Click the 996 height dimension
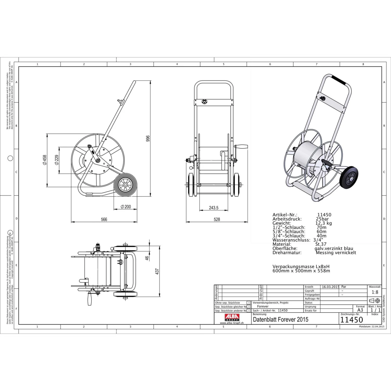tap(148, 138)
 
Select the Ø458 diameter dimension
tap(45, 160)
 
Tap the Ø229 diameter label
tap(57, 160)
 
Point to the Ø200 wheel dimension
tap(126, 207)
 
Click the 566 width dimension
tap(104, 219)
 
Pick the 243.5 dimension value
tap(213, 208)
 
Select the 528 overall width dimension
tap(217, 219)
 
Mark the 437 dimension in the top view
tap(157, 271)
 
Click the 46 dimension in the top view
tap(147, 258)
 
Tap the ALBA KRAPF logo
tap(232, 317)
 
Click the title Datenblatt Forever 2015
tap(280, 320)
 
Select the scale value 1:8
tap(375, 292)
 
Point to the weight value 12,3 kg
tap(323, 223)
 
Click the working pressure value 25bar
tap(322, 219)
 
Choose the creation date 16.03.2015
tap(330, 287)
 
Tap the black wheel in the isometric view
tap(349, 177)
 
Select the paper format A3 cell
tap(360, 310)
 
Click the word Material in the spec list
tap(282, 244)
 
